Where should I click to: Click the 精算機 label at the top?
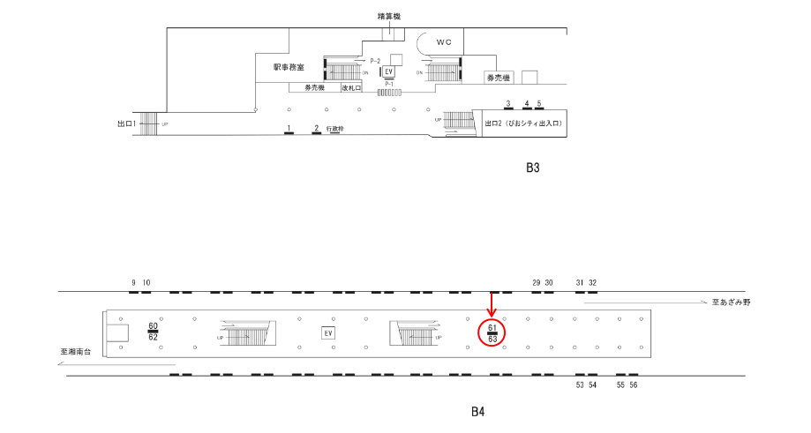click(x=389, y=17)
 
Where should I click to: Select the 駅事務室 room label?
click(x=289, y=67)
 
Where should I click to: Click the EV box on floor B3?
click(x=387, y=72)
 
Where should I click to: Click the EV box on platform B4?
click(x=327, y=332)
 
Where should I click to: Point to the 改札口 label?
click(x=351, y=88)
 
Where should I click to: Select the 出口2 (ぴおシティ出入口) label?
click(x=523, y=123)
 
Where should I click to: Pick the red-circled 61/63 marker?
click(x=492, y=332)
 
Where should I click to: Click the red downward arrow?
click(x=492, y=305)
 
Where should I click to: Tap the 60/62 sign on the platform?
click(x=153, y=332)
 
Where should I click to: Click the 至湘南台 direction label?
click(x=78, y=352)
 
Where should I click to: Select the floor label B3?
click(x=532, y=168)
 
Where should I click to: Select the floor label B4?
click(x=477, y=411)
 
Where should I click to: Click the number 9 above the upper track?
click(x=133, y=282)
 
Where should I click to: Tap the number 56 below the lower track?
click(x=633, y=385)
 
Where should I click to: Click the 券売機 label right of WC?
click(x=497, y=78)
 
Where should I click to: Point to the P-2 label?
click(x=375, y=60)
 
